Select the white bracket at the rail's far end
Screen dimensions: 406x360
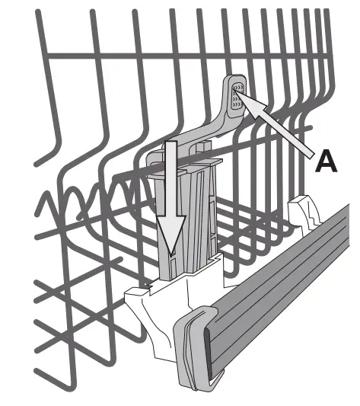tap(304, 209)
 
